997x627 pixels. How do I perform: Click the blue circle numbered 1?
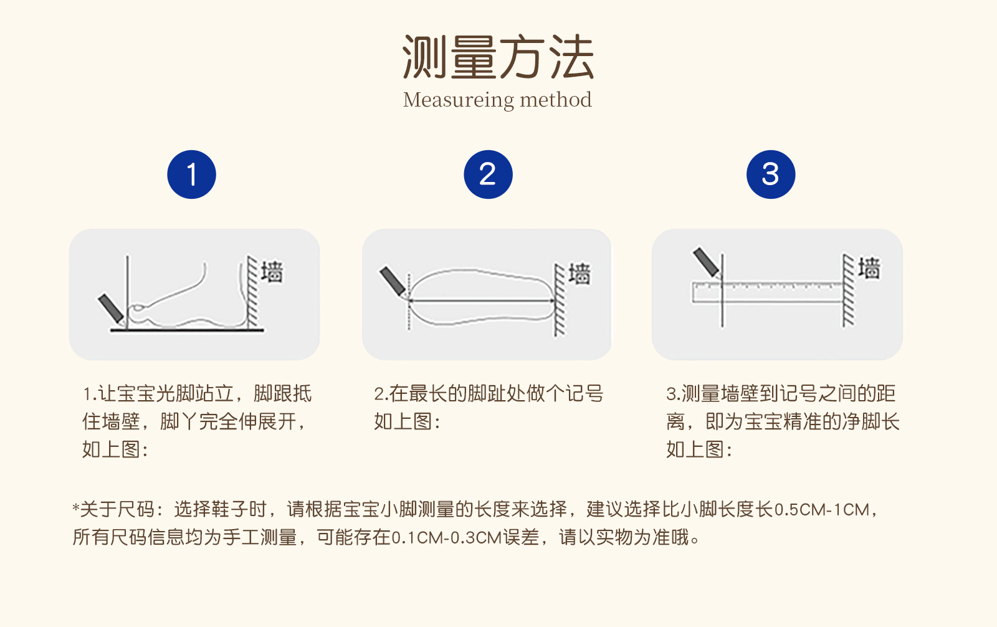[191, 174]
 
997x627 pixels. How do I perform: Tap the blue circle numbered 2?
[488, 174]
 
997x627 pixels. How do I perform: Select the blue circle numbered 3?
[770, 174]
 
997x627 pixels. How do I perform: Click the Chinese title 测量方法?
[498, 57]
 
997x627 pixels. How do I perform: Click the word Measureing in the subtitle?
[459, 100]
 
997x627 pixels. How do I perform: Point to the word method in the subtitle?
[556, 99]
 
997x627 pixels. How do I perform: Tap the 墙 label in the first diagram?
[272, 271]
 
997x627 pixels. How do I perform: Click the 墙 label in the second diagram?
[580, 274]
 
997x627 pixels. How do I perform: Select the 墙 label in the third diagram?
[869, 269]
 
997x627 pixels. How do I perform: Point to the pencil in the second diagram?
[393, 282]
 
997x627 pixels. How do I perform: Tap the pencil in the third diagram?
[707, 263]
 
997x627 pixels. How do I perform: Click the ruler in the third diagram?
[767, 292]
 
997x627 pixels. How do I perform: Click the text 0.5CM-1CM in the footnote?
[822, 510]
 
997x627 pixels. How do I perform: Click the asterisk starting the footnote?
[75, 507]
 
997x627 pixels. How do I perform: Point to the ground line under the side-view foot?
[187, 330]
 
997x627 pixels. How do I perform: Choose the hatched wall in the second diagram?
[560, 299]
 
